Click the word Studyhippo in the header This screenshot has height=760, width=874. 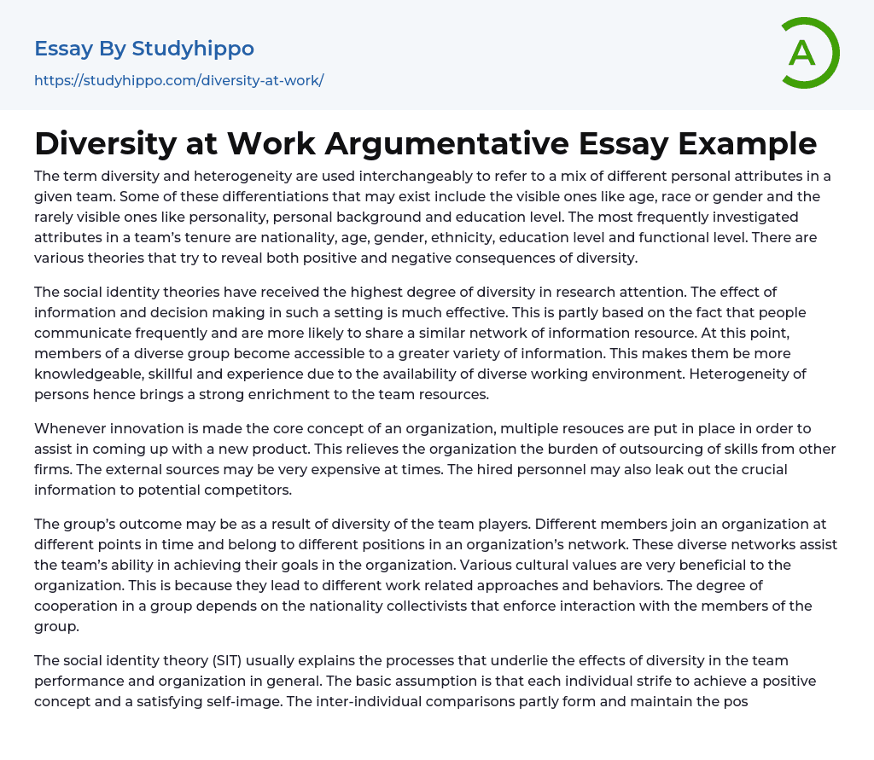(x=193, y=49)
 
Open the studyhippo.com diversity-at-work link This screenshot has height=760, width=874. (x=179, y=81)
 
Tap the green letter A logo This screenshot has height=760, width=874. (x=802, y=53)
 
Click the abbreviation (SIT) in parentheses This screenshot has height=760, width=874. (x=218, y=660)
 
